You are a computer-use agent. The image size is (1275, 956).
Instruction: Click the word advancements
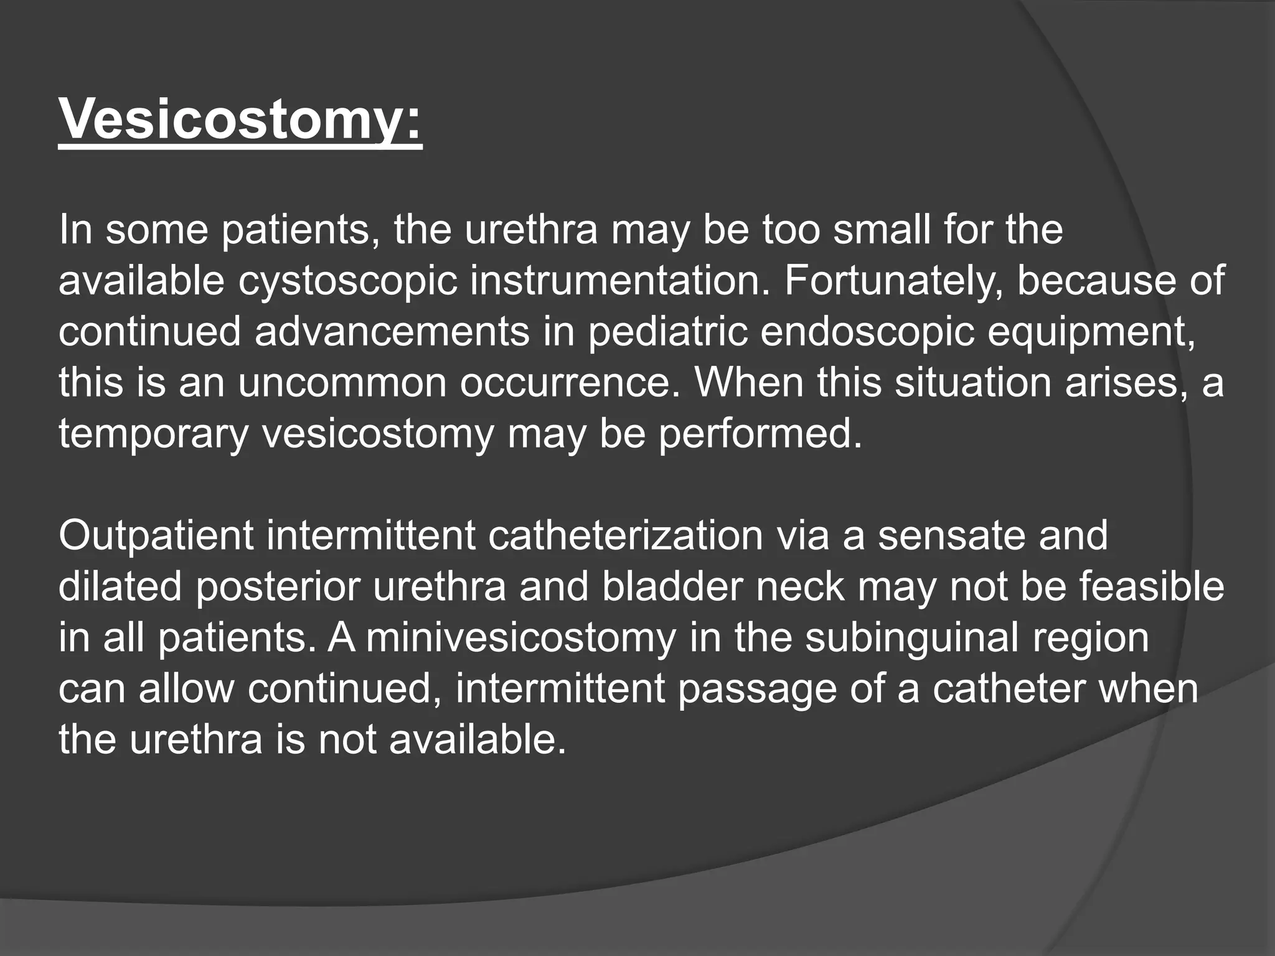click(392, 332)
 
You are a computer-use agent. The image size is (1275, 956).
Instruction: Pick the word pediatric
click(667, 332)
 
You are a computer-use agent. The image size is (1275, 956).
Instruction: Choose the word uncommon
click(342, 383)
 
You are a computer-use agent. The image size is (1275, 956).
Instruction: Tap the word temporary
click(153, 434)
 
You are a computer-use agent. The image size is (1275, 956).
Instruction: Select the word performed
click(760, 434)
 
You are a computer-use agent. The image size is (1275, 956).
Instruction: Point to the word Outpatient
click(156, 536)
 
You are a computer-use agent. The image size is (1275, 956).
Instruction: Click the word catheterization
click(625, 536)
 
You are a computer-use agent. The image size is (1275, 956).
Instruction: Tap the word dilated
click(120, 587)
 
